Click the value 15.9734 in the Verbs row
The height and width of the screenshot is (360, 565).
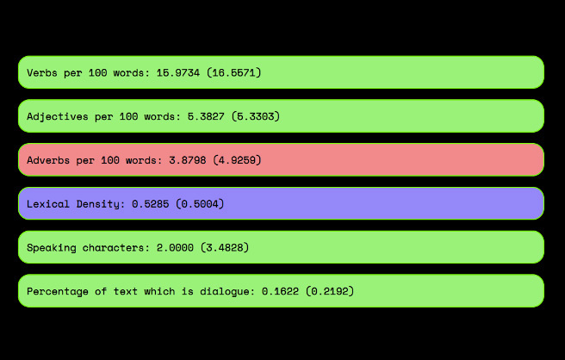point(178,73)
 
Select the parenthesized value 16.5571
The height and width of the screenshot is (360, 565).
point(234,73)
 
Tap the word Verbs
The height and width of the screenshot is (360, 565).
point(42,73)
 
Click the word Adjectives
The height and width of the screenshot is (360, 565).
point(58,117)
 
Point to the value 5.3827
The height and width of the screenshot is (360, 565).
point(206,116)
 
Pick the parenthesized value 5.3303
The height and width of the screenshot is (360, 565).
point(256,116)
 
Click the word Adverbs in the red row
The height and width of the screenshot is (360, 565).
point(48,160)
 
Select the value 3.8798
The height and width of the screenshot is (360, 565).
point(188,160)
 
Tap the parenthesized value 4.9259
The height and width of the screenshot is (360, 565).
point(237,160)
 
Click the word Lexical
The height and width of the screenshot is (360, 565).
point(48,204)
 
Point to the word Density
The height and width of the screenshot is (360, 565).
point(97,204)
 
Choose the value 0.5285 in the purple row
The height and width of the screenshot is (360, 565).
point(150,204)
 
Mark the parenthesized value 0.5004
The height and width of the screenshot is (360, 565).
point(200,204)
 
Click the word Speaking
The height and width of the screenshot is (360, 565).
point(52,248)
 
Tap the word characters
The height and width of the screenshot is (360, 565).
point(113,247)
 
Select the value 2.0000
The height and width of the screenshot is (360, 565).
point(175,247)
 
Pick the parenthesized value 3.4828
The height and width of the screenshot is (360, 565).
point(225,247)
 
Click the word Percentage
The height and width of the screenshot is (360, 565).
point(58,292)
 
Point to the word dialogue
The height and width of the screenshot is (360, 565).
point(225,292)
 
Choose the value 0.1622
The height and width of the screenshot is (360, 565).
point(280,291)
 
